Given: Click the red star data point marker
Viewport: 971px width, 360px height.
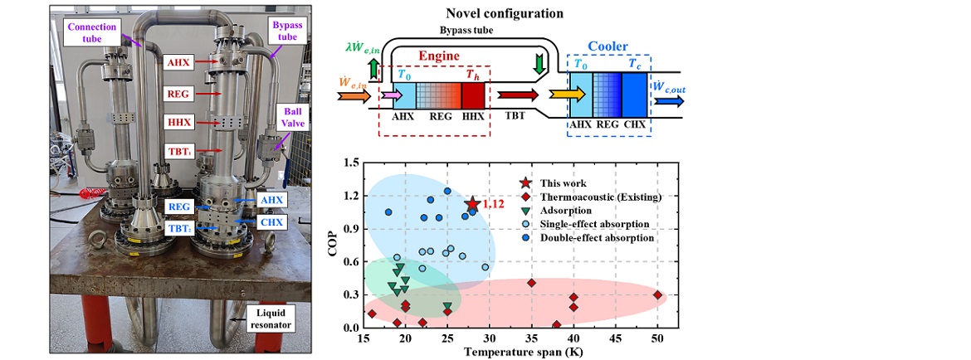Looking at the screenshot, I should pos(472,204).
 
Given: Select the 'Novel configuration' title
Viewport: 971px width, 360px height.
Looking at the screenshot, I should pos(515,13).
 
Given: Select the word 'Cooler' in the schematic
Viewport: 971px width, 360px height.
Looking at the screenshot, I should pos(607,48).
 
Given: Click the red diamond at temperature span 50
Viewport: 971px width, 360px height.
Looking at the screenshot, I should pos(657,294).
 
